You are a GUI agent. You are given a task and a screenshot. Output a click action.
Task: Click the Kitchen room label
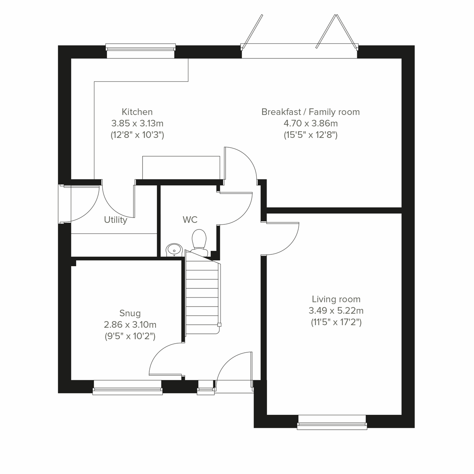(137, 112)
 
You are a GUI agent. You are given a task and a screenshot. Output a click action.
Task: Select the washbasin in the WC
(173, 250)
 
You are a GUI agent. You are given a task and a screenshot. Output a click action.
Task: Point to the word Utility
(115, 220)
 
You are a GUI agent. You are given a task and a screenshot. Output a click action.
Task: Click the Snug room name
(130, 313)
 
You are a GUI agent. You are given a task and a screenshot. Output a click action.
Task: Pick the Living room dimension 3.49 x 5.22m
(336, 310)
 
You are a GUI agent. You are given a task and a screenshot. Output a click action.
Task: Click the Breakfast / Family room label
(310, 112)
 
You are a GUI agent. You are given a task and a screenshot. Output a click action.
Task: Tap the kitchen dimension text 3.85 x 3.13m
(137, 123)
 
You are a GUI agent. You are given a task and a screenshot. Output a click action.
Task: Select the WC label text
(190, 219)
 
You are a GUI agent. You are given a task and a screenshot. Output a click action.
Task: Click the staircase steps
(202, 296)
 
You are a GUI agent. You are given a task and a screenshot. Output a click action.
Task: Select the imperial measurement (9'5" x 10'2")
(130, 336)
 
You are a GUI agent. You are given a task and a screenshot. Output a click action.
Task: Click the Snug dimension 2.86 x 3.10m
(130, 325)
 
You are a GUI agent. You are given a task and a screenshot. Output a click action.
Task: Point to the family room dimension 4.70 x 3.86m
(310, 123)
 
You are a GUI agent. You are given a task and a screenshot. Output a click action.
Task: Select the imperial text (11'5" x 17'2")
(336, 322)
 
